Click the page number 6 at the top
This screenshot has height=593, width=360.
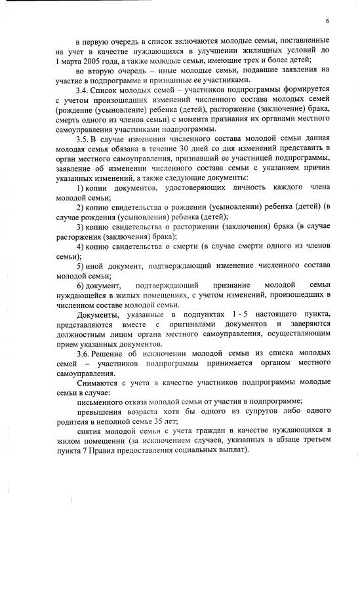pyautogui.click(x=327, y=22)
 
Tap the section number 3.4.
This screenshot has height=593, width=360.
pyautogui.click(x=83, y=88)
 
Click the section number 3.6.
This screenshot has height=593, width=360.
pyautogui.click(x=83, y=354)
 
